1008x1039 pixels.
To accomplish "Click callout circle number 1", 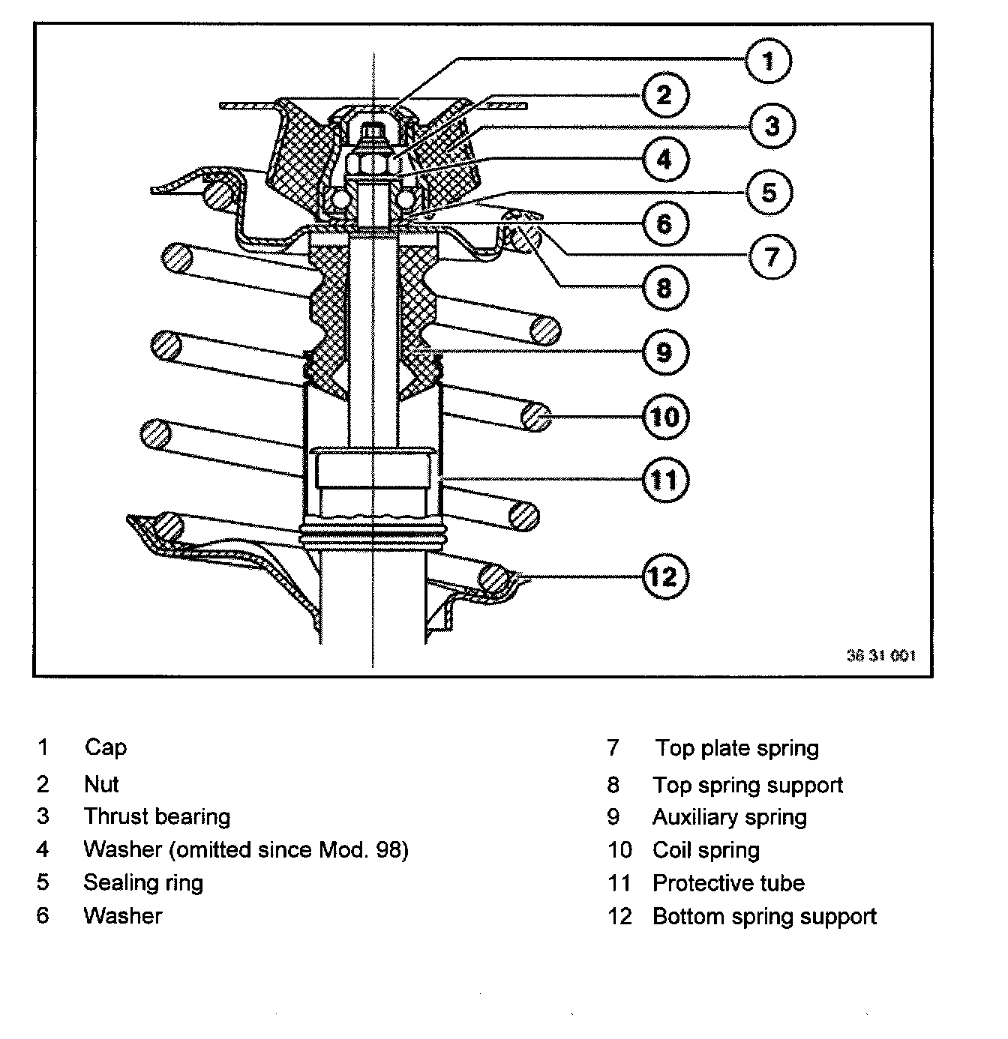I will [x=768, y=61].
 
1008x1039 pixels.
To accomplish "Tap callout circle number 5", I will [x=769, y=192].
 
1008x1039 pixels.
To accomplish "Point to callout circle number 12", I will [x=663, y=576].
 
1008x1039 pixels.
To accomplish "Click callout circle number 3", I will [x=771, y=125].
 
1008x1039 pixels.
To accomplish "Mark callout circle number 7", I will [x=771, y=256].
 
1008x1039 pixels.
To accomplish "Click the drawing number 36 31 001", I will [x=880, y=655].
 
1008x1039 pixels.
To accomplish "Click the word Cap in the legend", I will [x=106, y=747].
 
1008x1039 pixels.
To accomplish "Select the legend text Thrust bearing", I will [x=157, y=816].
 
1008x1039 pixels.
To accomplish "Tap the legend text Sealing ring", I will [x=143, y=882].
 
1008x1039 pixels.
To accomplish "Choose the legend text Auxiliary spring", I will [x=729, y=817].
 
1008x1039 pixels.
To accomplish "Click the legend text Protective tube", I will [x=728, y=883].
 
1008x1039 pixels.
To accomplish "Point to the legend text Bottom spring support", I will [x=764, y=916].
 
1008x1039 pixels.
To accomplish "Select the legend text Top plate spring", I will [x=737, y=748].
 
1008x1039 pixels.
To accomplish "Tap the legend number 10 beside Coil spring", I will [x=620, y=850].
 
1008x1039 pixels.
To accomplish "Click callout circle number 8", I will [x=664, y=286].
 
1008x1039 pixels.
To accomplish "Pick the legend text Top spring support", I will [x=748, y=785].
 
